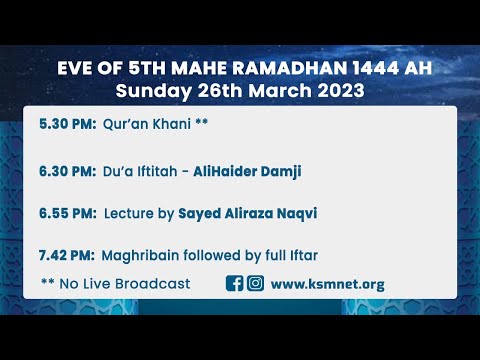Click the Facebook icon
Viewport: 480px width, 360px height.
tap(235, 283)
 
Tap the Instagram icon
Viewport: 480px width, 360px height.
tap(255, 283)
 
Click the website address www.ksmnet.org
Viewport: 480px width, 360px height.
tap(327, 284)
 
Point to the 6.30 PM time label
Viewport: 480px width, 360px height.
tap(67, 171)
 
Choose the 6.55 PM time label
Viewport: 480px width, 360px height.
tap(67, 213)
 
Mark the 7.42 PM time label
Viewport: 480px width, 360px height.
tap(67, 255)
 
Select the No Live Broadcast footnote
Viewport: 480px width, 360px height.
tap(115, 284)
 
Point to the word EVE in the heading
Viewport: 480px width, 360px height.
tap(76, 70)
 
